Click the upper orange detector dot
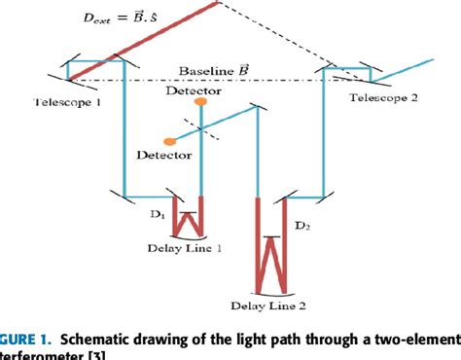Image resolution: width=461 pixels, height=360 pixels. click(199, 101)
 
